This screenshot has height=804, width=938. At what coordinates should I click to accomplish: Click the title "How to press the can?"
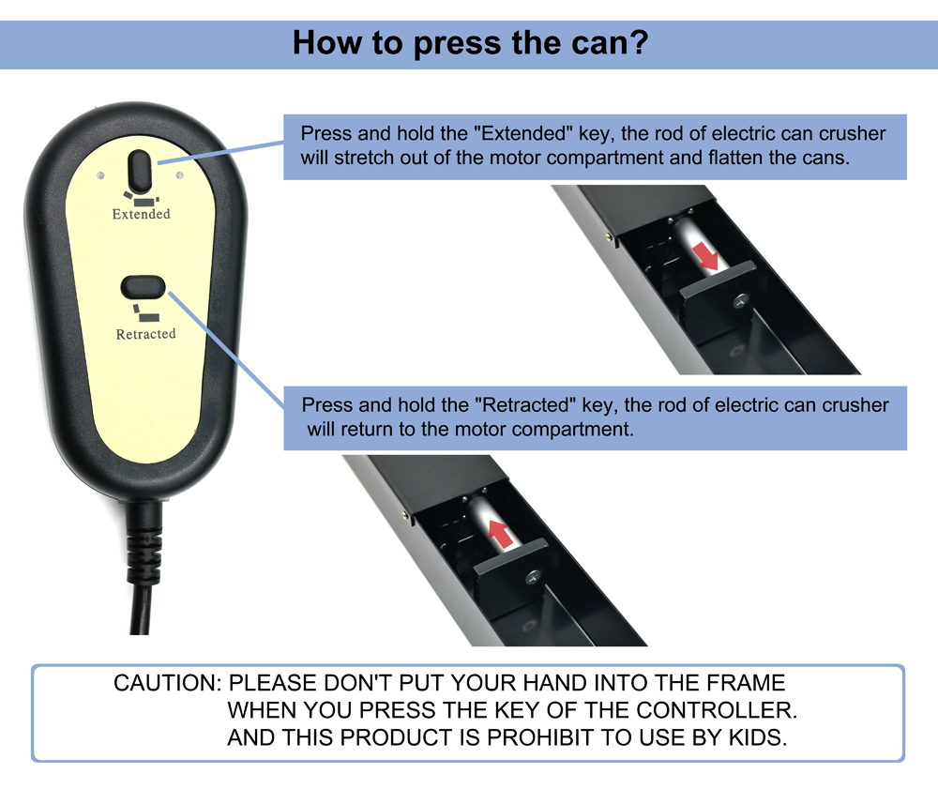(x=470, y=43)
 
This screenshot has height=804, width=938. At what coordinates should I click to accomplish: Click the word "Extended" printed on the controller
(x=142, y=214)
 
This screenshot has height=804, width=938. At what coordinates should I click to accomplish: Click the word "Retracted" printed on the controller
(x=146, y=334)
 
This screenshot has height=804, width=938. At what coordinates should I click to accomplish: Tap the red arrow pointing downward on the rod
(x=706, y=257)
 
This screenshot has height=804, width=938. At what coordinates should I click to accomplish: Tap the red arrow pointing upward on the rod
(x=501, y=534)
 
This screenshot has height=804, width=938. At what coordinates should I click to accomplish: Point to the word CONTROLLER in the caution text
(x=716, y=710)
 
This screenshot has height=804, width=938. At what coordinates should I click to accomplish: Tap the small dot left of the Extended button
(x=100, y=175)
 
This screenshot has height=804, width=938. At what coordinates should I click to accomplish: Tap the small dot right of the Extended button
(x=179, y=175)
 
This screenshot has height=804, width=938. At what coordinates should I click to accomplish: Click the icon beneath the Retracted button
(x=145, y=312)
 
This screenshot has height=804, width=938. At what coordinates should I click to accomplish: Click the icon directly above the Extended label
(x=142, y=198)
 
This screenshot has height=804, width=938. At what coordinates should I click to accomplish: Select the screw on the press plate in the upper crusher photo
(x=742, y=301)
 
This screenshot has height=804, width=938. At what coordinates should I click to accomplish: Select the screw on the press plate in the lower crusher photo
(x=533, y=577)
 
